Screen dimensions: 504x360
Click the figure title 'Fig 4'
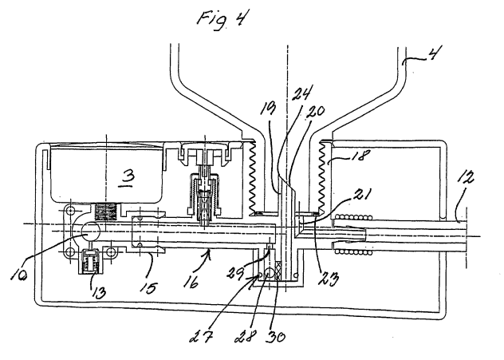(223, 18)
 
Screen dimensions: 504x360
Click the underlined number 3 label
(128, 178)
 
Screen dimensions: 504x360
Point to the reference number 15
(148, 287)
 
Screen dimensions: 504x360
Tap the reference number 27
(201, 337)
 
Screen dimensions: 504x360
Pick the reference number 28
(246, 337)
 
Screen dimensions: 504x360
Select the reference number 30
(276, 337)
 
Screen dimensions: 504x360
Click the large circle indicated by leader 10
(90, 231)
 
